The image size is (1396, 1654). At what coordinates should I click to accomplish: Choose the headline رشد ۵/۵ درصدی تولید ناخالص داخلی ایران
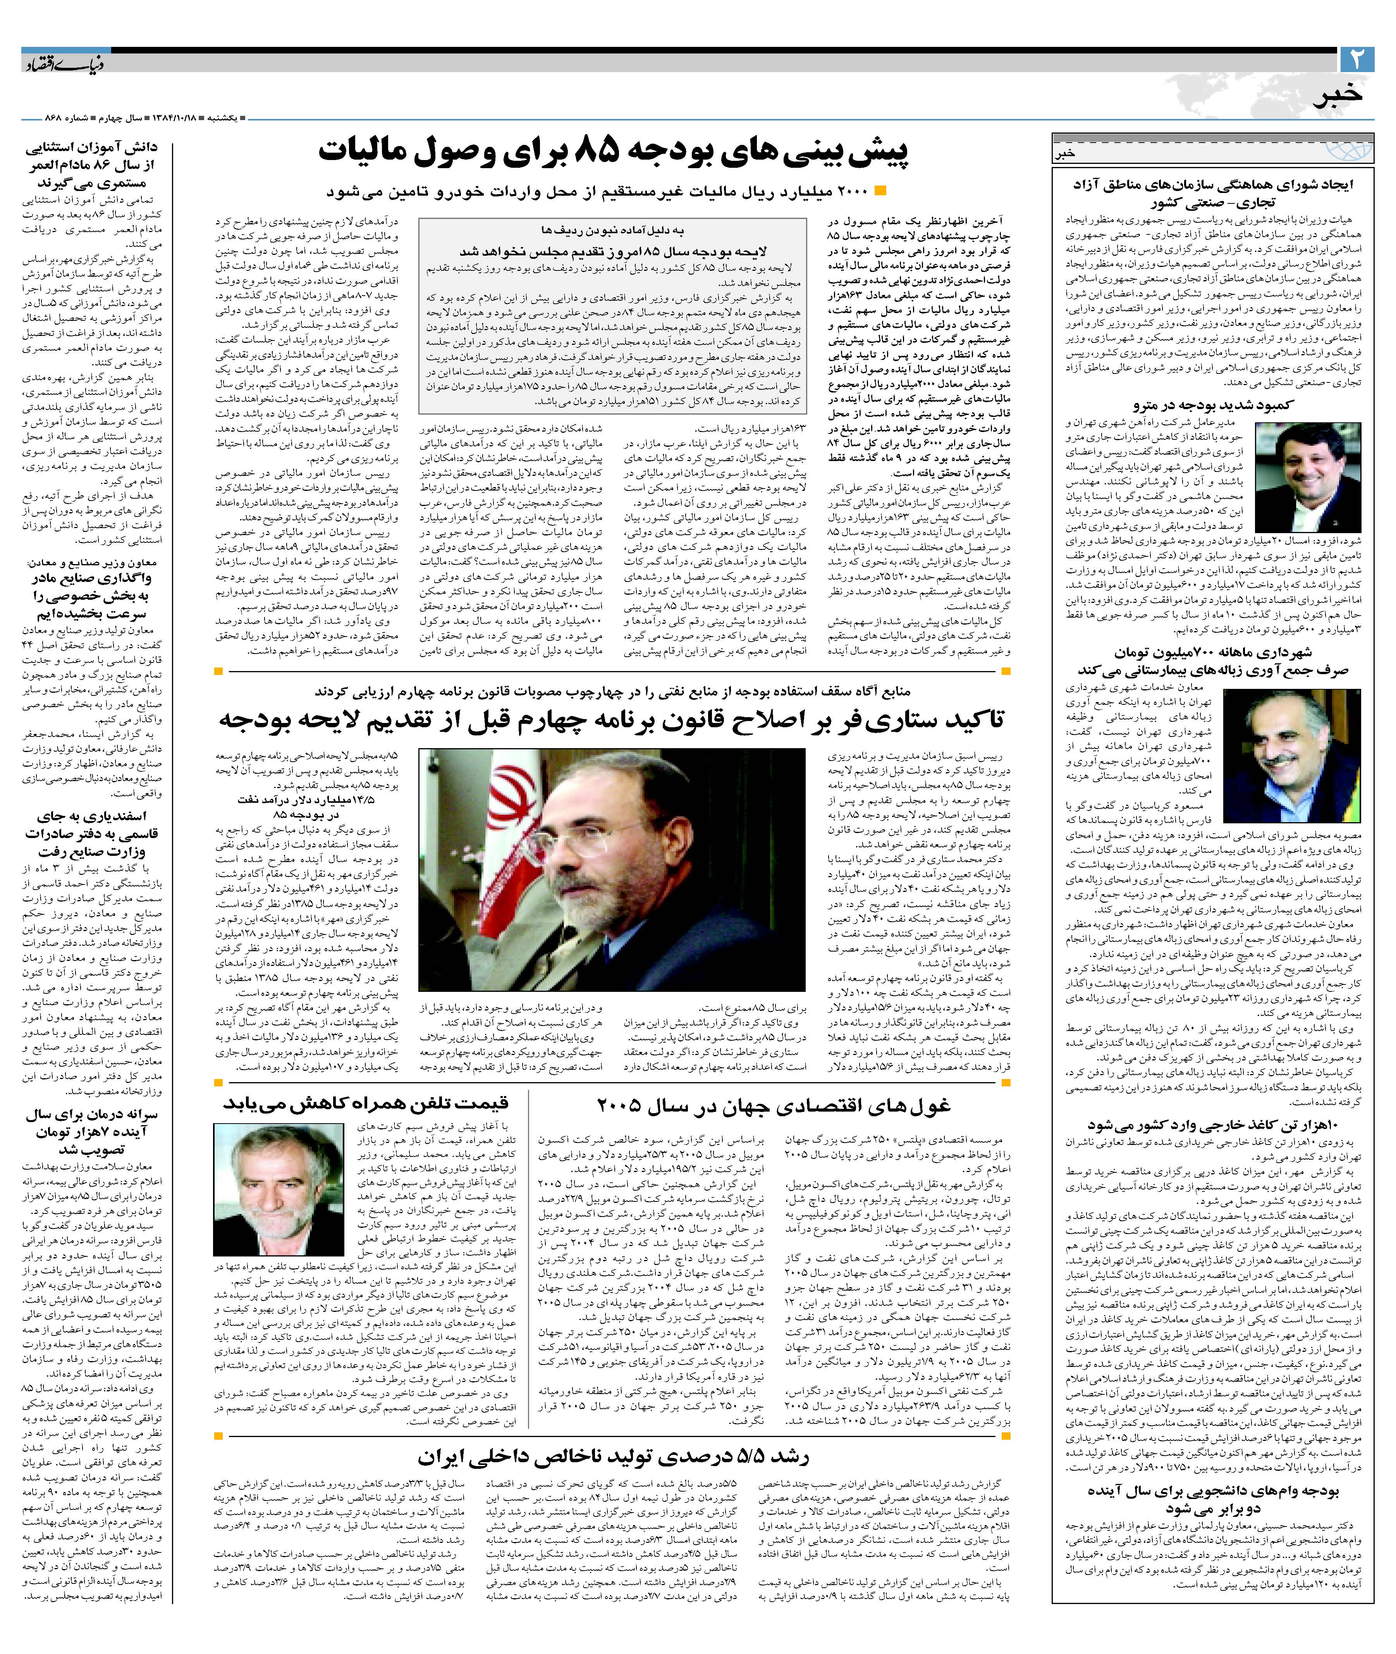pyautogui.click(x=613, y=1457)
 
